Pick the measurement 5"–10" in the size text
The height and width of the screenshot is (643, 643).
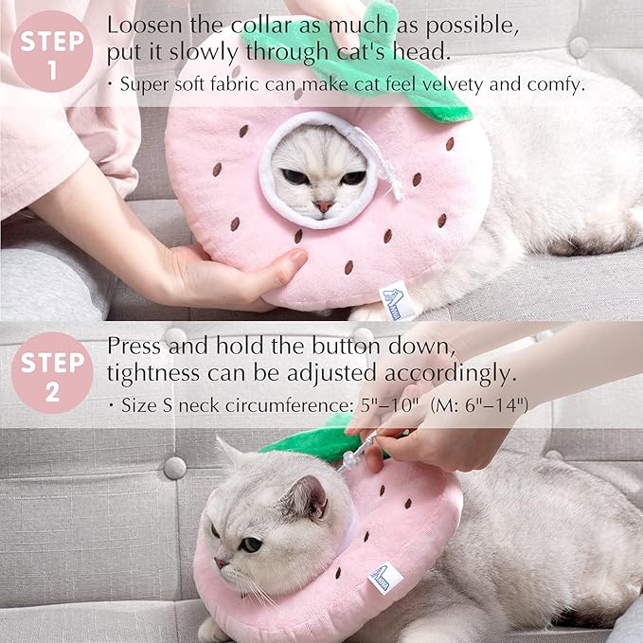click(388, 405)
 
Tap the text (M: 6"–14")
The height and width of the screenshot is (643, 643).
click(479, 405)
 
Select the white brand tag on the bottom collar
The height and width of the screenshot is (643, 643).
click(386, 577)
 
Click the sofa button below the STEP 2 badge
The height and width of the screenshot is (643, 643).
click(174, 467)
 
